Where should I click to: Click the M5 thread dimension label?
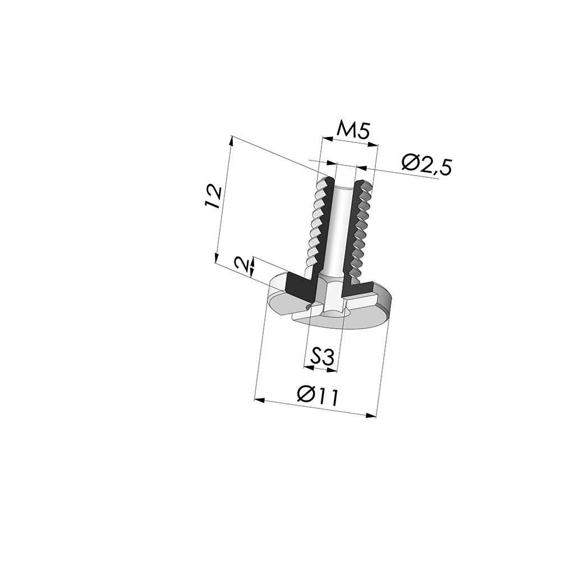(352, 131)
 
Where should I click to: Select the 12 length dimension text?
(213, 196)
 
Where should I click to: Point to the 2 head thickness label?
(241, 264)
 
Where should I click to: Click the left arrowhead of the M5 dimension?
(322, 138)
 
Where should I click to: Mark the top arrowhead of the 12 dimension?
(230, 140)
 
